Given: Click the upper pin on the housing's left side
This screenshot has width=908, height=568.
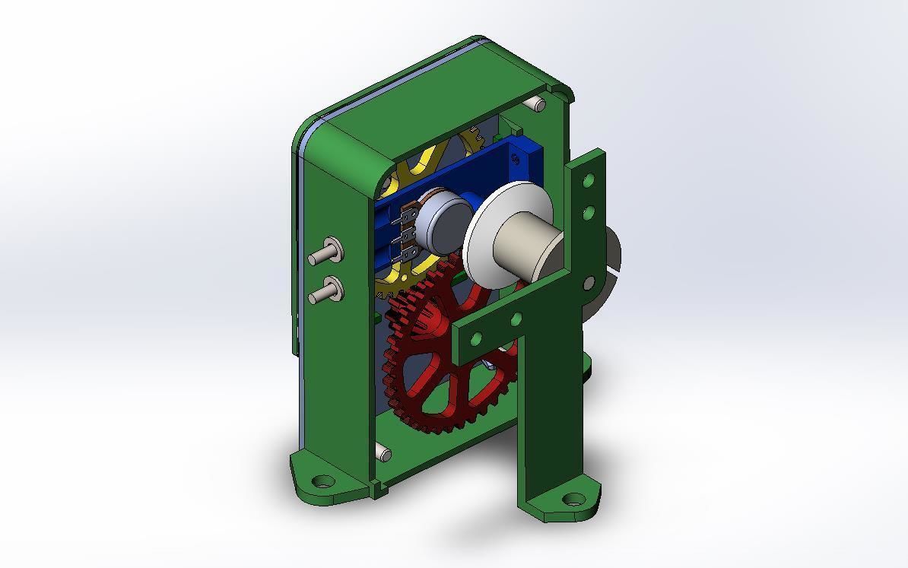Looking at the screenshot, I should pyautogui.click(x=325, y=251).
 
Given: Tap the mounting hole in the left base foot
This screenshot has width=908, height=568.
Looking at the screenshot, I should pyautogui.click(x=325, y=481).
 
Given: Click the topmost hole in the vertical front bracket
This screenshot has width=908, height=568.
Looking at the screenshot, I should pyautogui.click(x=589, y=181).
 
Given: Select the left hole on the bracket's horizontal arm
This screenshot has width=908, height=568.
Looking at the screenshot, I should pyautogui.click(x=477, y=338).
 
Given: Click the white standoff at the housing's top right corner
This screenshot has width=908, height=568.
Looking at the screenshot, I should pyautogui.click(x=538, y=103).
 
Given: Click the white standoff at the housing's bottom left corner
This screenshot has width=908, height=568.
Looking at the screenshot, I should pyautogui.click(x=384, y=455).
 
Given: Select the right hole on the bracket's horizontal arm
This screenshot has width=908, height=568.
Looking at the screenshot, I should pyautogui.click(x=516, y=319).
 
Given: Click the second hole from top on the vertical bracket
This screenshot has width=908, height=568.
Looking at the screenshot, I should pyautogui.click(x=589, y=211).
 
